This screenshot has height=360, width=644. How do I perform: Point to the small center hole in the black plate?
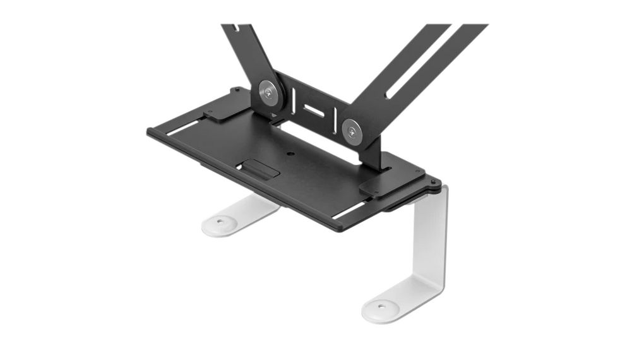coord(290,153)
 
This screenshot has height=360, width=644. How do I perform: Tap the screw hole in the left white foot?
coord(220,222)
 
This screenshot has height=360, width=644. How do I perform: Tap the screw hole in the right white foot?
coord(381,308)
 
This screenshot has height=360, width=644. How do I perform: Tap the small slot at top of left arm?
coord(234,28)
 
